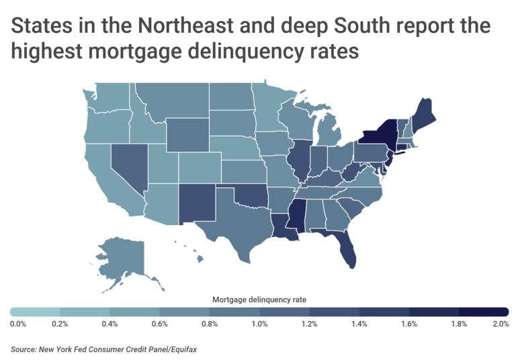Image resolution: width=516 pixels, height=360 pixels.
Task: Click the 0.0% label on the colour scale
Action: tap(17, 324)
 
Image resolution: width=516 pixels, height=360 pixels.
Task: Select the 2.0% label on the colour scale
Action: tap(499, 324)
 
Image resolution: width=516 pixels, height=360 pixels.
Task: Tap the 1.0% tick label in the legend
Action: tap(259, 324)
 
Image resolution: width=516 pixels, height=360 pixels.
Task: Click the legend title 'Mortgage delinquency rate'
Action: tap(259, 300)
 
